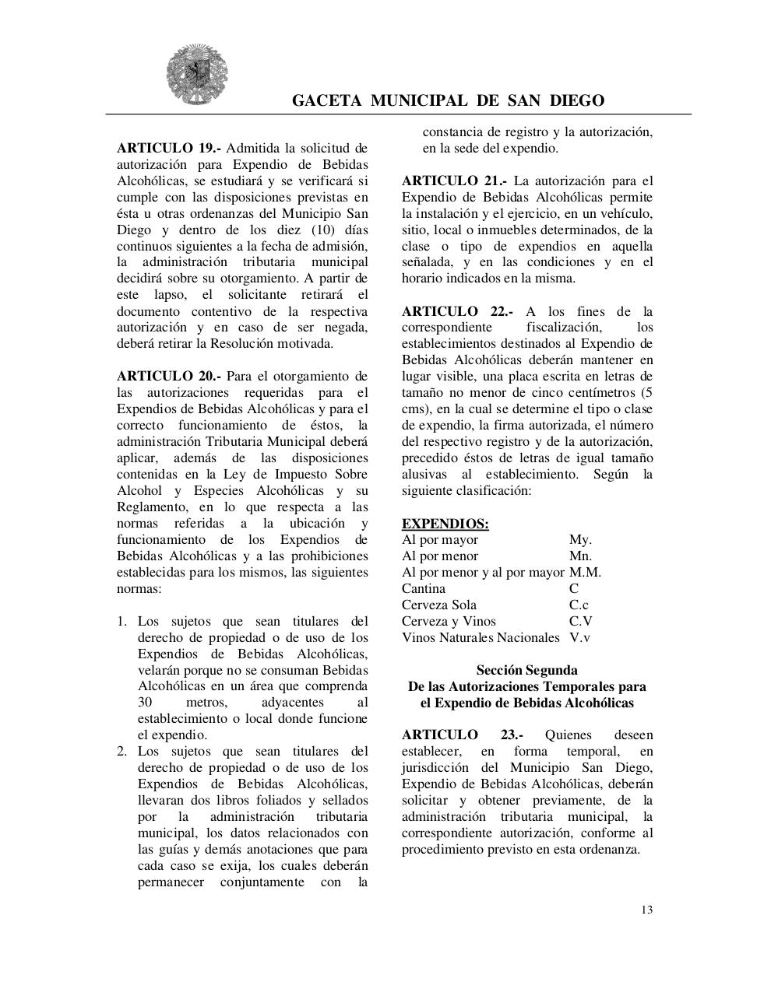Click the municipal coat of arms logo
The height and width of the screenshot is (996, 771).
click(x=197, y=76)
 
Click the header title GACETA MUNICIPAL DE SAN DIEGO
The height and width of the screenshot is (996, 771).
click(x=448, y=100)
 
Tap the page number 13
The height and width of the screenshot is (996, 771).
click(x=647, y=910)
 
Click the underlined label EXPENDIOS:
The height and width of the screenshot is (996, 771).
click(x=445, y=524)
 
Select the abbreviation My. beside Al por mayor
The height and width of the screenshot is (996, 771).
click(x=580, y=539)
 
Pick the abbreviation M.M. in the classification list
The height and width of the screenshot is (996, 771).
click(x=585, y=572)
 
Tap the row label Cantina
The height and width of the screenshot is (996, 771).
click(x=424, y=588)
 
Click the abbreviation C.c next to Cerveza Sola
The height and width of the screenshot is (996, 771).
click(x=579, y=605)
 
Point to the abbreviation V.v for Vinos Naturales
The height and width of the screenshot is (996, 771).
click(x=579, y=637)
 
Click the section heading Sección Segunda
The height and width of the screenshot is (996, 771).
click(x=526, y=670)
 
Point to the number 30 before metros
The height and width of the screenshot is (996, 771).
click(x=146, y=703)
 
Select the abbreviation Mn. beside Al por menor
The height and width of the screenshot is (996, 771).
click(x=580, y=556)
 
